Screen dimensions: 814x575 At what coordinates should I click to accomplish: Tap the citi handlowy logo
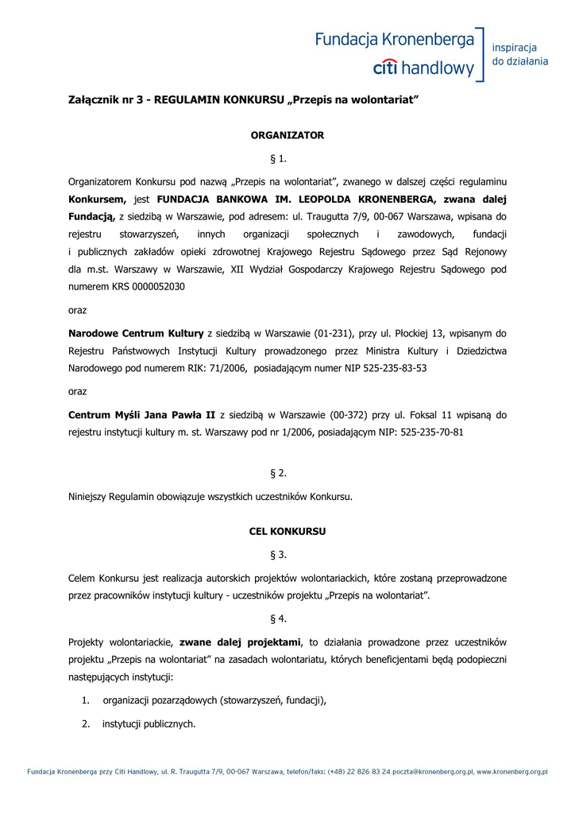click(x=423, y=68)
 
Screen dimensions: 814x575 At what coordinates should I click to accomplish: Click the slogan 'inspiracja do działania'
click(x=520, y=54)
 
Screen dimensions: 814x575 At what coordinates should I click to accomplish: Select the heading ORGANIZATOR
click(x=287, y=135)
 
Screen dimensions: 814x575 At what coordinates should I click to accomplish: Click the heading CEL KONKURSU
click(x=287, y=531)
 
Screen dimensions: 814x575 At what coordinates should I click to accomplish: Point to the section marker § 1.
click(x=278, y=158)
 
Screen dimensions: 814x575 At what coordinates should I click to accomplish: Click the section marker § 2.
click(x=278, y=473)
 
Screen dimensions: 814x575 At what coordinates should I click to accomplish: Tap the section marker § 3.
click(x=278, y=554)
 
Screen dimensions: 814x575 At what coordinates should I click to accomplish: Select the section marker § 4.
click(x=278, y=618)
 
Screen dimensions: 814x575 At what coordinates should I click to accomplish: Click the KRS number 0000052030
click(x=155, y=287)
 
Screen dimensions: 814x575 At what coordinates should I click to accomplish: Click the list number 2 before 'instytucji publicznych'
click(x=85, y=723)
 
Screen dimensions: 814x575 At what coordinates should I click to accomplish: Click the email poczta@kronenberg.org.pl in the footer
click(x=434, y=772)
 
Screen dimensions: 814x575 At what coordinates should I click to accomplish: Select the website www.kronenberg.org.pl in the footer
click(x=512, y=772)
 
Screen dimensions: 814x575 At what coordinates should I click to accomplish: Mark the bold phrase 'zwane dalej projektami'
click(x=240, y=642)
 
